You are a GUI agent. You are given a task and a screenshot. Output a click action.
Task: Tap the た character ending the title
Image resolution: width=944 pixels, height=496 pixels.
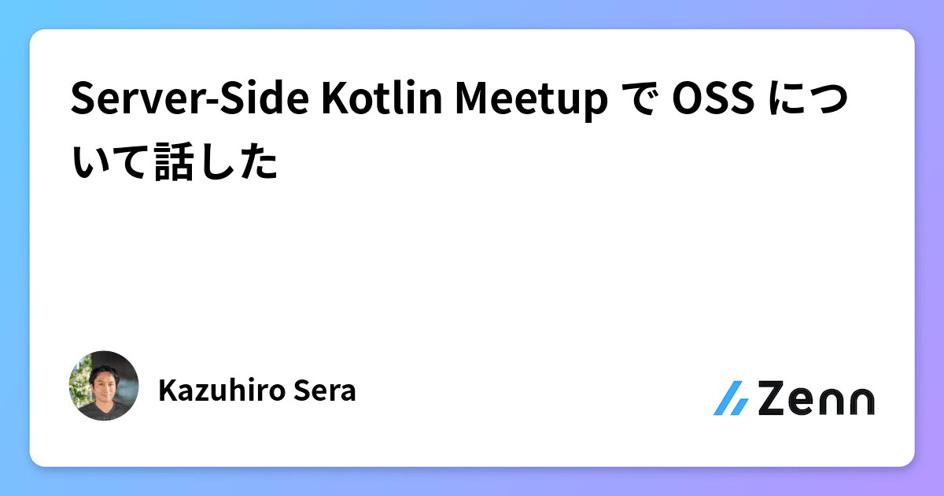pos(260,164)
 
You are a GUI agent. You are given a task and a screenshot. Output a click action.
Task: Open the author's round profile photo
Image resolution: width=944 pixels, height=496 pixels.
pos(104,386)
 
